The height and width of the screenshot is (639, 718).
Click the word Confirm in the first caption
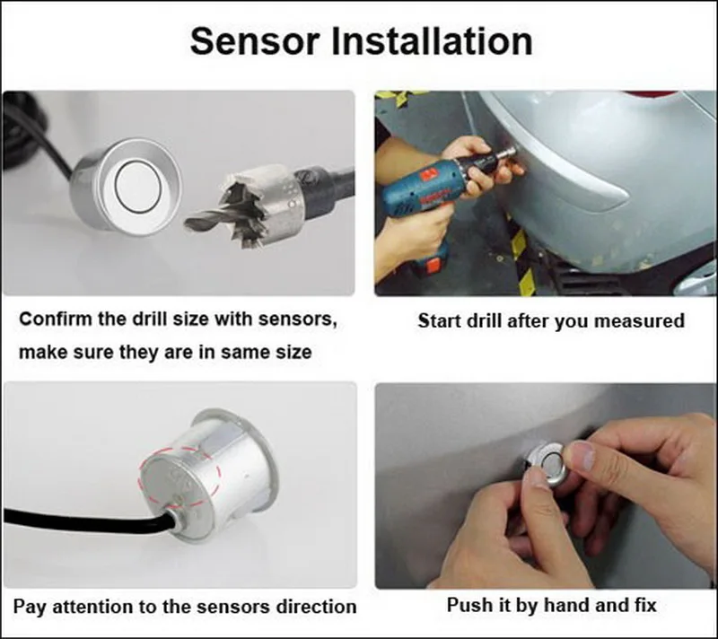56,319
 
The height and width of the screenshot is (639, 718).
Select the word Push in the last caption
469,605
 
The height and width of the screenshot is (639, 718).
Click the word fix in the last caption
642,605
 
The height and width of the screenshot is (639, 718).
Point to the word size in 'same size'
289,353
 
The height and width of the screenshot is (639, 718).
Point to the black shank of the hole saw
328,183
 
